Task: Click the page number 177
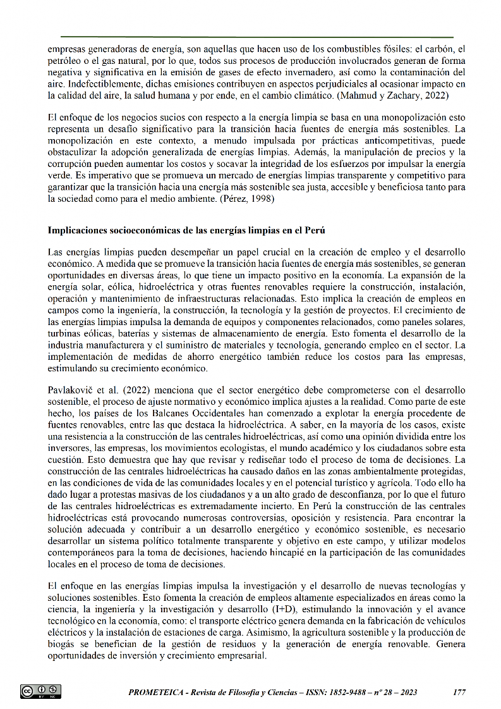459,692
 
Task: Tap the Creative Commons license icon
40,691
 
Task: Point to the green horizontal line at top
257,37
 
